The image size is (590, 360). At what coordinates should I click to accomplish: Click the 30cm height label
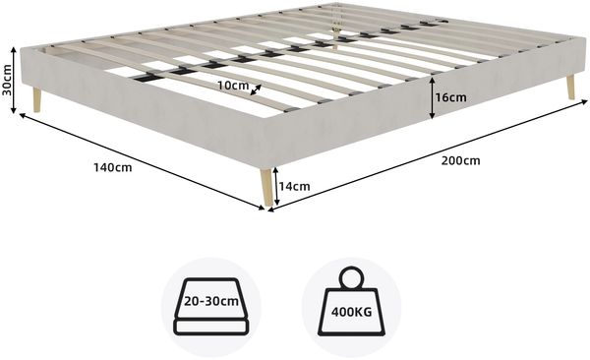point(7,81)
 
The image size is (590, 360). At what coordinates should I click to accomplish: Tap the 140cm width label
point(113,167)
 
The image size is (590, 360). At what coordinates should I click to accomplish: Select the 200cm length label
point(460,160)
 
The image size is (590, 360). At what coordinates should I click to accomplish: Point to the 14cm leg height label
point(295,187)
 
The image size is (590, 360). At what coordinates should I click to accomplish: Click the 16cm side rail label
point(450,98)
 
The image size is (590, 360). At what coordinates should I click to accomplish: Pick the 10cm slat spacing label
point(233,86)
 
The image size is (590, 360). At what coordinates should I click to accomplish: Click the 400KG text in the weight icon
point(351,312)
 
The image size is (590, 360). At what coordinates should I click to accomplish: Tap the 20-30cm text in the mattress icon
point(211,301)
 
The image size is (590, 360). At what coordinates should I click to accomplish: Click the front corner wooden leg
point(266,187)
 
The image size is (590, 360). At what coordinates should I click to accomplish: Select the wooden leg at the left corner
point(37,99)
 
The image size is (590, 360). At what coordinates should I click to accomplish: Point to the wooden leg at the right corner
point(570,87)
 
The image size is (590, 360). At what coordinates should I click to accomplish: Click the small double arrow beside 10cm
point(257,90)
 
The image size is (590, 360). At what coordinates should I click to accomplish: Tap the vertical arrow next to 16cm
point(433,98)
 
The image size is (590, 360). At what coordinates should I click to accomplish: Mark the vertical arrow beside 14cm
point(276,186)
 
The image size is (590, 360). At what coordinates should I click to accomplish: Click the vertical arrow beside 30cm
point(14,80)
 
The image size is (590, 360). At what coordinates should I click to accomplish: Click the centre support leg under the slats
point(335,38)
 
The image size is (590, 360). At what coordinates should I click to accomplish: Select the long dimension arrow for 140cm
point(143,161)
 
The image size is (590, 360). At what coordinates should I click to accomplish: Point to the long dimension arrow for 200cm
point(428,155)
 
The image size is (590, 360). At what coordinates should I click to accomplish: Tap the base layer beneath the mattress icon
point(211,328)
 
